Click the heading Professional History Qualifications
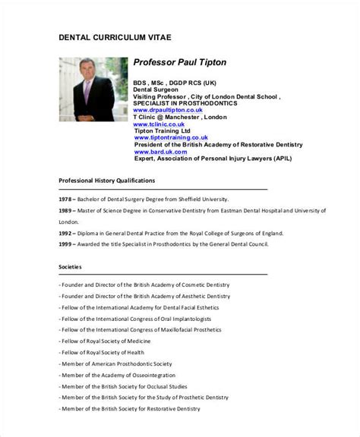107,181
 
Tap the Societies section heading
71,267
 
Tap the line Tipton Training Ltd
162,130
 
